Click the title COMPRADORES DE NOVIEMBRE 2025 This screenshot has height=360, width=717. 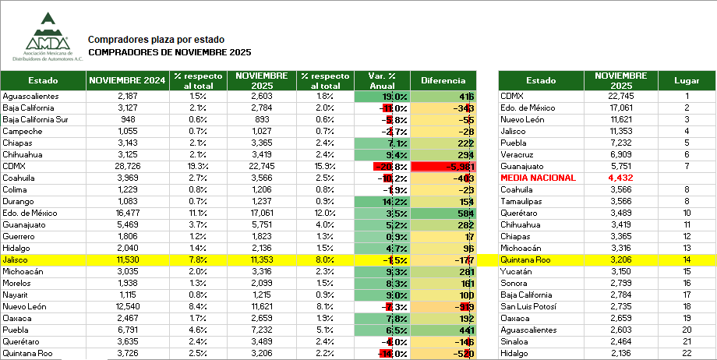coord(170,52)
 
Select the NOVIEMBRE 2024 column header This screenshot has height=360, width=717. coord(126,80)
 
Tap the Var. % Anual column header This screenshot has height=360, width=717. coord(381,80)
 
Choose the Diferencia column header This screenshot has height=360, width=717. coord(443,80)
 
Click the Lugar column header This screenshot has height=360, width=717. coord(687,80)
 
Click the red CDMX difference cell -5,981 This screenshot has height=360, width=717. coord(443,167)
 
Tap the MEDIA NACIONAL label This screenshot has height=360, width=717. coord(538,178)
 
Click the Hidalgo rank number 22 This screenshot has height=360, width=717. coord(687,354)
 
